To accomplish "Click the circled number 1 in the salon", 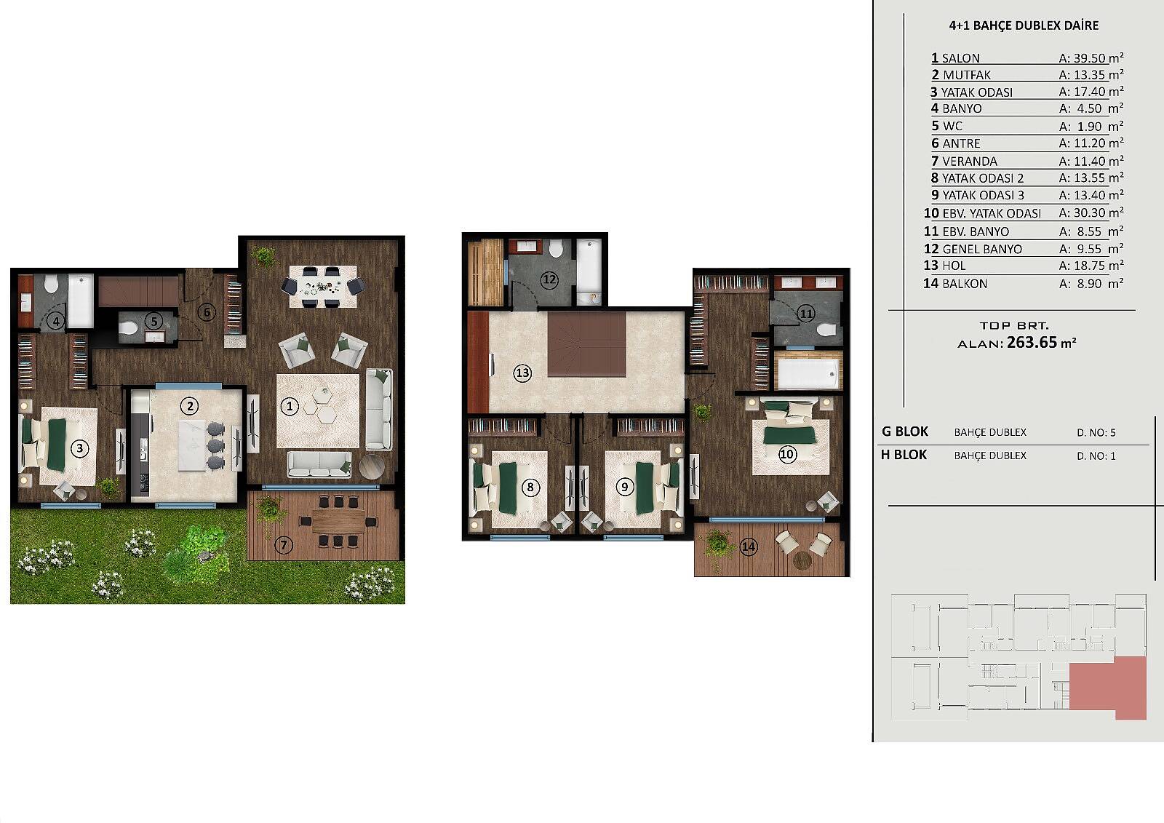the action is [290, 406].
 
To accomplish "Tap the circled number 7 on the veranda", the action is [284, 545].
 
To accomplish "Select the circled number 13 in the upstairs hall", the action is [522, 373].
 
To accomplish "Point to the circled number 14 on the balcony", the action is [749, 546].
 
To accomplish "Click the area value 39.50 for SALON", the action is [1090, 58].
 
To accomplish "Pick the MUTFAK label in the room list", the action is [967, 76].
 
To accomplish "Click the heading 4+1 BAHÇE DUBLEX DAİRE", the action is [1024, 25].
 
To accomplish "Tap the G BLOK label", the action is [905, 432].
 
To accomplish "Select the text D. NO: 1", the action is [1096, 456].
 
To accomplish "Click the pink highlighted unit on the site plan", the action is [1108, 688].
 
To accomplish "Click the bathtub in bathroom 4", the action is [81, 301].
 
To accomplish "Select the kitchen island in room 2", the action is [193, 445].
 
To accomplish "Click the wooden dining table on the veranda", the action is [338, 520].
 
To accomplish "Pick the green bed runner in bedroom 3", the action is [57, 445].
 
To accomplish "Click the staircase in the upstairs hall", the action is [587, 343].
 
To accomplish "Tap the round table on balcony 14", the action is [802, 561].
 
